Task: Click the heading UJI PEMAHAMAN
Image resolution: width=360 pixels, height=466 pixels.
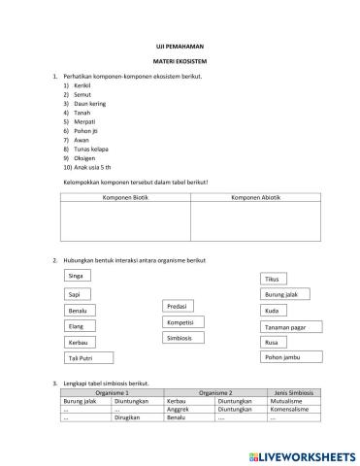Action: coord(180,46)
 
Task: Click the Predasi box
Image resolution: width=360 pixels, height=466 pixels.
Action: coord(179,306)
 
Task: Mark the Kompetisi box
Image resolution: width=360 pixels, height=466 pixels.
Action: coord(180,321)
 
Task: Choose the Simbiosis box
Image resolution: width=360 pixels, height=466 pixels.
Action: coord(180,338)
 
